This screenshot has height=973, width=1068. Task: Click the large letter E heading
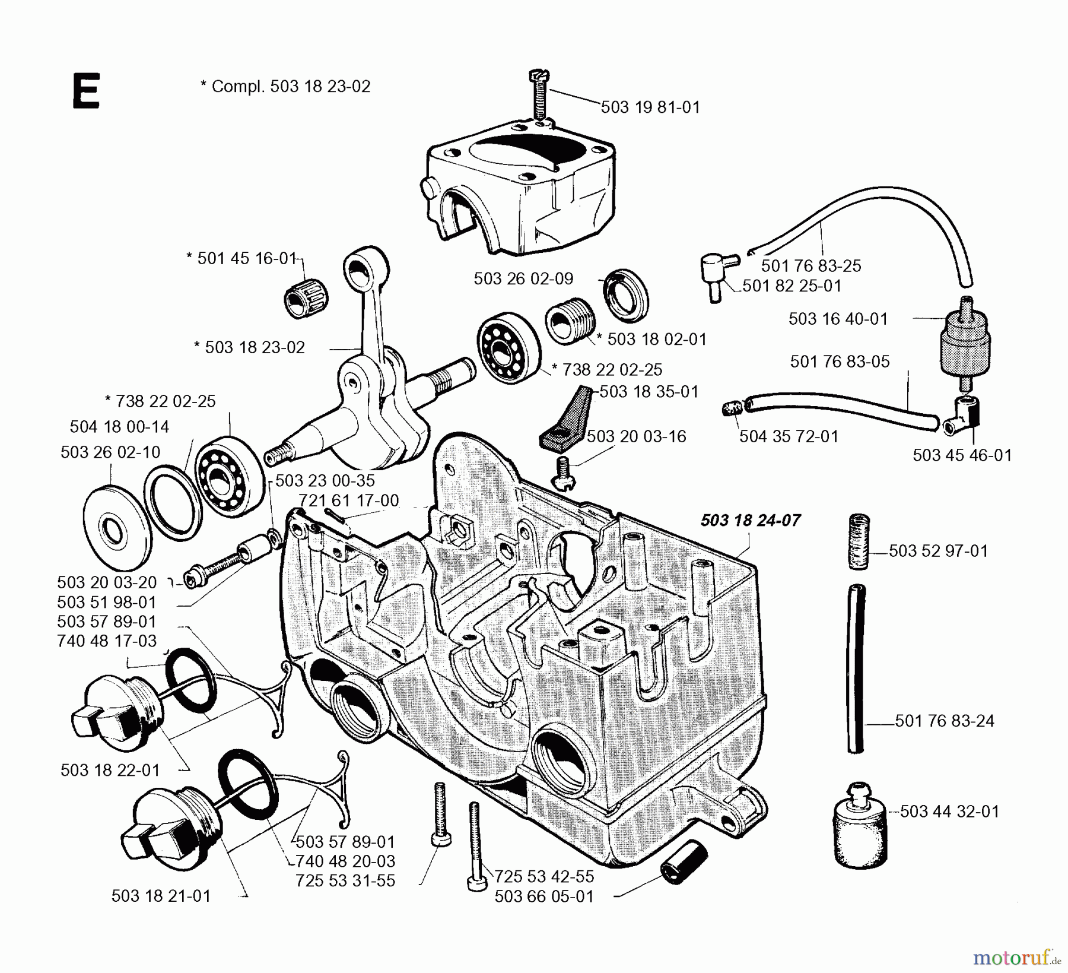click(x=86, y=91)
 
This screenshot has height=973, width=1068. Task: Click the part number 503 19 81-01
click(x=650, y=107)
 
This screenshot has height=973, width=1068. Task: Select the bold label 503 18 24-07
click(x=750, y=521)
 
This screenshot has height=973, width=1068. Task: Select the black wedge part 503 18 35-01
click(x=568, y=418)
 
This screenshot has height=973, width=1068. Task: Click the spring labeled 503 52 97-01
click(x=858, y=541)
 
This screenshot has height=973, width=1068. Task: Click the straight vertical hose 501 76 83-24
click(x=856, y=668)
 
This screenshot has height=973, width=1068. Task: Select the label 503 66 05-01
click(x=544, y=896)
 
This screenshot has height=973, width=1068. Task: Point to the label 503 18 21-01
click(x=161, y=896)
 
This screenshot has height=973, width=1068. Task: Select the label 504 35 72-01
click(x=789, y=436)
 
